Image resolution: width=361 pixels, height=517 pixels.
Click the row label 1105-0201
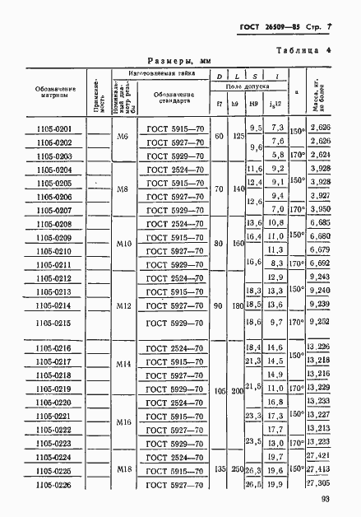pyautogui.click(x=54, y=128)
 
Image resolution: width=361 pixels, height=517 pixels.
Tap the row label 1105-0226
pyautogui.click(x=54, y=485)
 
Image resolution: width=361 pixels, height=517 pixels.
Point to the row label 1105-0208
pyautogui.click(x=54, y=224)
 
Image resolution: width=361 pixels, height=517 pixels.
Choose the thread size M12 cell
pyautogui.click(x=123, y=306)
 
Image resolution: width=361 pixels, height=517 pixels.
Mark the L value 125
pyautogui.click(x=238, y=134)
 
